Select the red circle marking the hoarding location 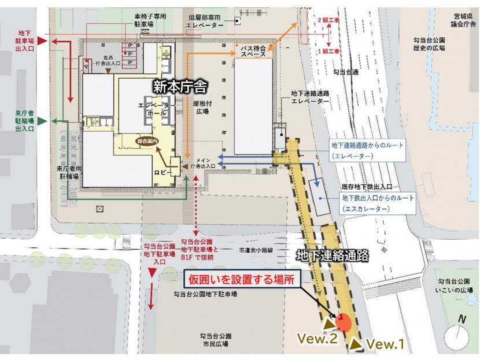click(343, 321)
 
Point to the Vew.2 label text click(317, 339)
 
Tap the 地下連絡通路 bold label click(331, 254)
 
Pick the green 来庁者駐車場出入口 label click(25, 120)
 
